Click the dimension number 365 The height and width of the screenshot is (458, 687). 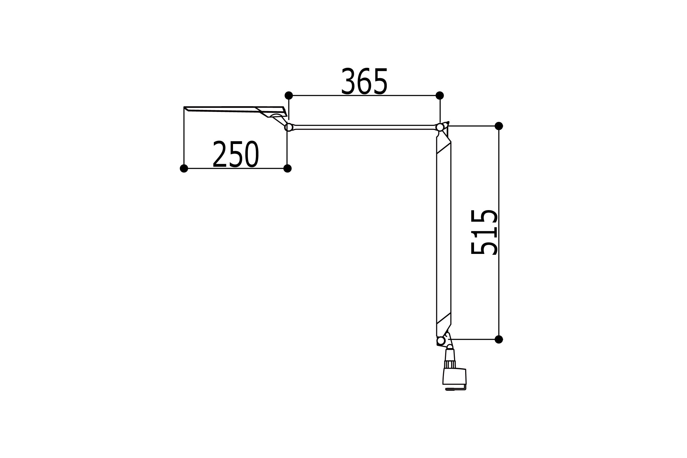pyautogui.click(x=364, y=81)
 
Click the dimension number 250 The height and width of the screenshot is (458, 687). pyautogui.click(x=236, y=154)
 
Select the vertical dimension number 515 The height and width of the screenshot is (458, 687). pyautogui.click(x=484, y=232)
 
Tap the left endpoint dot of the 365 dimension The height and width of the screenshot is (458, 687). pyautogui.click(x=289, y=96)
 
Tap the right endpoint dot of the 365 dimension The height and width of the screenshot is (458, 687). pyautogui.click(x=440, y=96)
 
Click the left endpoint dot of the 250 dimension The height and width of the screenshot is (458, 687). pyautogui.click(x=184, y=169)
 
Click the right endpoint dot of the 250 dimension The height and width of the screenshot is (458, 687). pyautogui.click(x=287, y=169)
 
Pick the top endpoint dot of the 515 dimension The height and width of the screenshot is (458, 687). pyautogui.click(x=499, y=126)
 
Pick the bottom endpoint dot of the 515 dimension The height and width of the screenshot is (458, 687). pyautogui.click(x=499, y=339)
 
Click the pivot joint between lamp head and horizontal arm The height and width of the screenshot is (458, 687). pyautogui.click(x=289, y=127)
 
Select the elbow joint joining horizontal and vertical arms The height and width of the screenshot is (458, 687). pyautogui.click(x=440, y=127)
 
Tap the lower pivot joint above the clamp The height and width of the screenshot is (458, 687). pyautogui.click(x=441, y=341)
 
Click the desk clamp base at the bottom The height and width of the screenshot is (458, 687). pyautogui.click(x=455, y=377)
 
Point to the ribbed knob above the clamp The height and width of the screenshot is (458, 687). pyautogui.click(x=450, y=364)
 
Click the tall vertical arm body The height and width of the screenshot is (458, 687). pyautogui.click(x=444, y=234)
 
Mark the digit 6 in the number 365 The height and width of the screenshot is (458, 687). pyautogui.click(x=364, y=81)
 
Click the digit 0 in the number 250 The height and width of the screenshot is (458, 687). pyautogui.click(x=252, y=154)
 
